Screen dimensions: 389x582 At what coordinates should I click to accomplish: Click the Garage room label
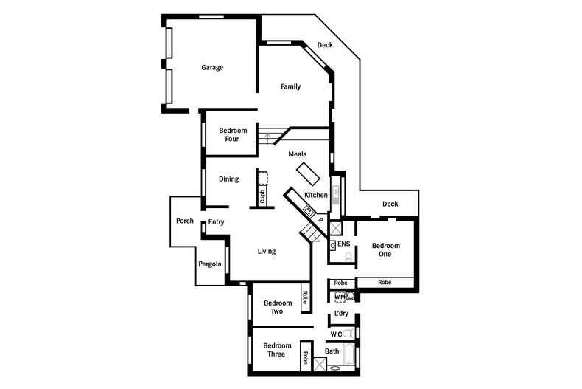[212, 68]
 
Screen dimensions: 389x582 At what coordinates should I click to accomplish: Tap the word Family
[290, 87]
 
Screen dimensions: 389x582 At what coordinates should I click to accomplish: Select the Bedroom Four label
[233, 134]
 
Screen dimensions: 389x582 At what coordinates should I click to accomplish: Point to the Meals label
[297, 154]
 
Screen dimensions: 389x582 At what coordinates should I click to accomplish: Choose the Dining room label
[228, 179]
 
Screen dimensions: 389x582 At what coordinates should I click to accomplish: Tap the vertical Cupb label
[262, 196]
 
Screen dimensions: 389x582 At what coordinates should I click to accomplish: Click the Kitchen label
[316, 195]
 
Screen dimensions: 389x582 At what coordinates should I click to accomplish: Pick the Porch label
[184, 221]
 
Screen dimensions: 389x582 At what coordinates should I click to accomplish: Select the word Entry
[216, 222]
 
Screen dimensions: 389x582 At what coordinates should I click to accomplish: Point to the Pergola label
[210, 264]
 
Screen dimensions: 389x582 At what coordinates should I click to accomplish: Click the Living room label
[266, 252]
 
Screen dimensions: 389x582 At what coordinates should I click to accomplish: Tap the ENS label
[343, 243]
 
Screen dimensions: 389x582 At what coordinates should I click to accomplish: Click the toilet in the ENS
[348, 257]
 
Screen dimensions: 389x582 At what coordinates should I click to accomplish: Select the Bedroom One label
[385, 250]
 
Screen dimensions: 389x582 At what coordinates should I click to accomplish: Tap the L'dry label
[341, 314]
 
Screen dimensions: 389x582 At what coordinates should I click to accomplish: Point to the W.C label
[335, 334]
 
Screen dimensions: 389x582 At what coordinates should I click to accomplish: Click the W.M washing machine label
[340, 297]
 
